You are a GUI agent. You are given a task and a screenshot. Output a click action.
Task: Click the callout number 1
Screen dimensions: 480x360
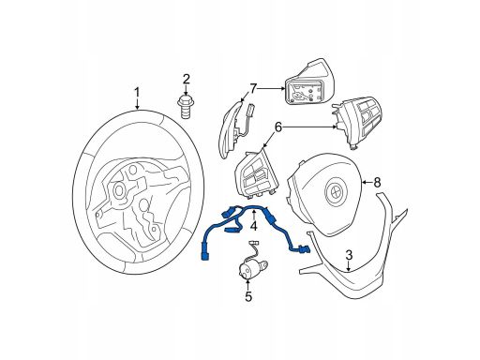click(137, 93)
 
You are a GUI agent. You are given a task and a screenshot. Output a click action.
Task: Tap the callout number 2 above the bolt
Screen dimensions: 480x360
click(187, 80)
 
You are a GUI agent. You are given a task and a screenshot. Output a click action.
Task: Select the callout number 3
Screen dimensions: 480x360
click(349, 255)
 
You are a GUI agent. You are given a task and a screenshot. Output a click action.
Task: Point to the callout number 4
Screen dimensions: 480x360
click(253, 225)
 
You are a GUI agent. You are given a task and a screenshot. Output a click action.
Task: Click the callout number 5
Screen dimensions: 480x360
click(248, 296)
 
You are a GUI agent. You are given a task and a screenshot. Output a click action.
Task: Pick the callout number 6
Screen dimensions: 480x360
click(278, 127)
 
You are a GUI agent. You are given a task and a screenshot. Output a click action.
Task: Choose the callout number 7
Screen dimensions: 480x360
click(252, 88)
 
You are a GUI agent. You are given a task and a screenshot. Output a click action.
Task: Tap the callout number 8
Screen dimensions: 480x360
click(377, 182)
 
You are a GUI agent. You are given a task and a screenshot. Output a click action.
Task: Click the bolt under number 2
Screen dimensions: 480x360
click(187, 107)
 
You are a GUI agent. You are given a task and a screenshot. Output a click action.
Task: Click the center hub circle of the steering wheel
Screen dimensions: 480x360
click(119, 189)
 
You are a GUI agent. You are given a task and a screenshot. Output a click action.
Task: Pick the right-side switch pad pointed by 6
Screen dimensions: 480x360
click(357, 121)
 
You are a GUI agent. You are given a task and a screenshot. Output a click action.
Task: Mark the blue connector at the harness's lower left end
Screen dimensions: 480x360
click(205, 254)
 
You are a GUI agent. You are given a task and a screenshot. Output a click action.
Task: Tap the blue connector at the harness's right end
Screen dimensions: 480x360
click(304, 249)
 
